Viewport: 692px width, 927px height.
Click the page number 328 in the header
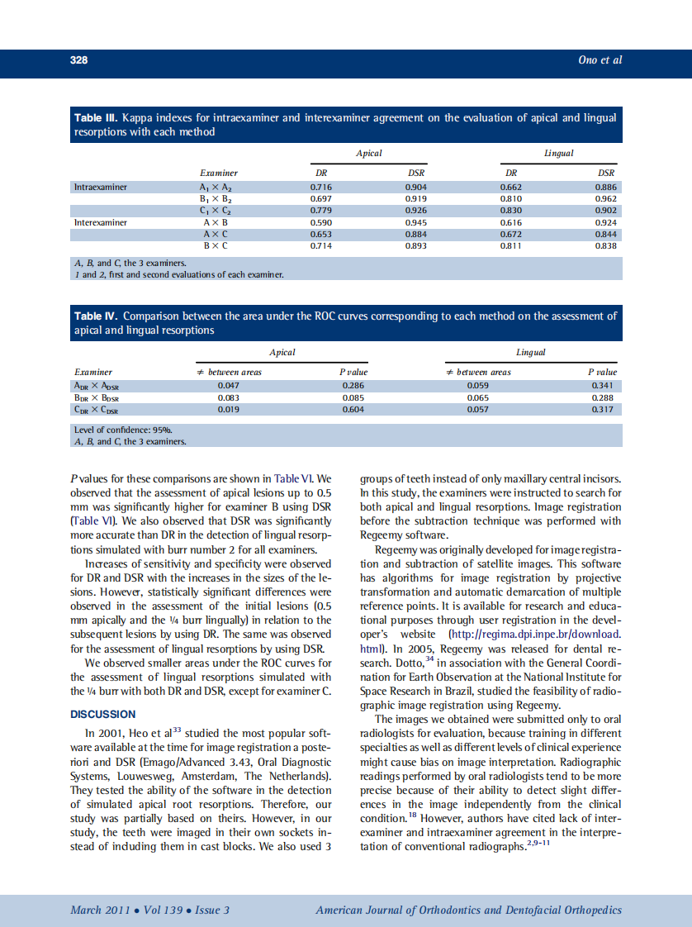pyautogui.click(x=78, y=60)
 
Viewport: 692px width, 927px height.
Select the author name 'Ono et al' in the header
pyautogui.click(x=600, y=60)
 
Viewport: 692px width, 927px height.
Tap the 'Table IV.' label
pyautogui.click(x=97, y=316)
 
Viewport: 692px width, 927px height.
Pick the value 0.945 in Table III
pyautogui.click(x=416, y=223)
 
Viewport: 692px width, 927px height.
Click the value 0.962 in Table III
pyautogui.click(x=606, y=199)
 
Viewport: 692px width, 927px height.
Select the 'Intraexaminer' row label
pyautogui.click(x=101, y=188)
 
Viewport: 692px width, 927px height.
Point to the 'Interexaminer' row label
pyautogui.click(x=101, y=223)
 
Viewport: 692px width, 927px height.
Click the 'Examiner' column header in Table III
pyautogui.click(x=219, y=173)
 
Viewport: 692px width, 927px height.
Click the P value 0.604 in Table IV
pyautogui.click(x=353, y=409)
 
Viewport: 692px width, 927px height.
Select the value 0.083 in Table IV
pyautogui.click(x=228, y=397)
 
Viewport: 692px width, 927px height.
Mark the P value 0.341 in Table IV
pyautogui.click(x=605, y=385)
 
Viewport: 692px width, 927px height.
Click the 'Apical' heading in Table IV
pyautogui.click(x=282, y=353)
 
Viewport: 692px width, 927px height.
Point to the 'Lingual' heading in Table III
pyautogui.click(x=559, y=154)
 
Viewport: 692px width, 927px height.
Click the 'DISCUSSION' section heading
pyautogui.click(x=103, y=714)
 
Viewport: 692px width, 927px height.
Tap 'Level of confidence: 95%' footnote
pyautogui.click(x=124, y=430)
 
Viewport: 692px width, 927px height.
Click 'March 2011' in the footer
pyautogui.click(x=98, y=910)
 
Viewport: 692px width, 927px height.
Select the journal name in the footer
pyautogui.click(x=468, y=910)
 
